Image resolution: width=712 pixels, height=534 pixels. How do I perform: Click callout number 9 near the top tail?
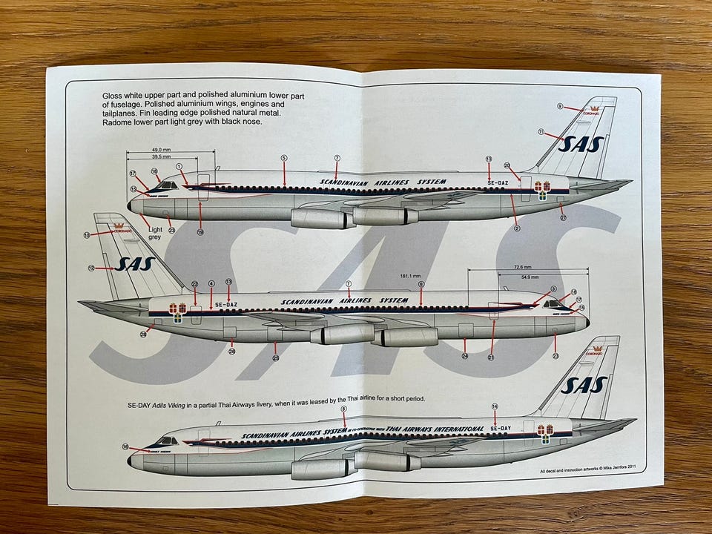click(x=560, y=106)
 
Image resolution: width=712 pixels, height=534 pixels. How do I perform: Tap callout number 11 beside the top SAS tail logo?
click(x=542, y=132)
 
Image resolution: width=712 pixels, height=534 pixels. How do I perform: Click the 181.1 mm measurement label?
click(x=409, y=277)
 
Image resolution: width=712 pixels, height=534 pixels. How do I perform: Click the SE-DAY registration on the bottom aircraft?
click(x=500, y=429)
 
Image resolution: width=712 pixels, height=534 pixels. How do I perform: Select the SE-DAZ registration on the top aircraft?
click(x=498, y=182)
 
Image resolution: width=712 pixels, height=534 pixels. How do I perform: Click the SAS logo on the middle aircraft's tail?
click(x=134, y=263)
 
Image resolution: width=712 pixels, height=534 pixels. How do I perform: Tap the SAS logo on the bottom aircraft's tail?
click(x=584, y=385)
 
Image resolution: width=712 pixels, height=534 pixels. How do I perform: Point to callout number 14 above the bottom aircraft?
click(x=495, y=406)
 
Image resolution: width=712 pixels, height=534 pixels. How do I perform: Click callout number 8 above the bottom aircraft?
click(x=343, y=409)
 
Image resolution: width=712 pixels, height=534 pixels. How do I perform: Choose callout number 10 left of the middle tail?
click(x=88, y=234)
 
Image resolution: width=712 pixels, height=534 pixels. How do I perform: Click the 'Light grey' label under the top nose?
click(x=154, y=233)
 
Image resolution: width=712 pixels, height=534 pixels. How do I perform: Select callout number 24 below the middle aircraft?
click(x=465, y=357)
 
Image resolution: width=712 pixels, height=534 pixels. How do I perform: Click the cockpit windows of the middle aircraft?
click(x=553, y=304)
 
